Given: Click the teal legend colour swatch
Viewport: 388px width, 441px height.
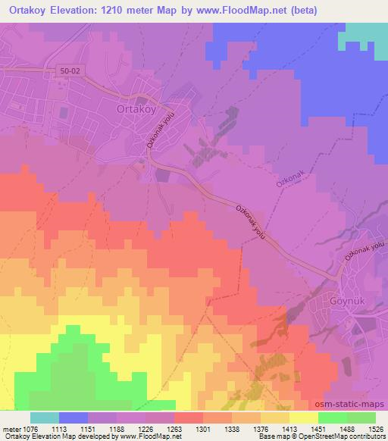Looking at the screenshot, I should click(45, 418).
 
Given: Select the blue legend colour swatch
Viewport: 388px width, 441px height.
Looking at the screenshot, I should click(74, 418).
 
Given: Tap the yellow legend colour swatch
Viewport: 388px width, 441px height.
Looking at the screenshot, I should click(304, 418).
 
